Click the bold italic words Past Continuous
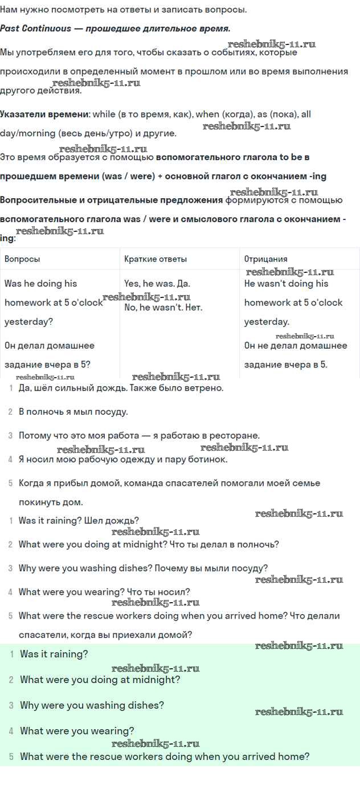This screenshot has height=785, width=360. [35, 28]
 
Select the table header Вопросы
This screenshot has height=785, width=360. [22, 259]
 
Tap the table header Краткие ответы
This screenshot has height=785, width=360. [156, 259]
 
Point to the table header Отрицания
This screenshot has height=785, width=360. [265, 259]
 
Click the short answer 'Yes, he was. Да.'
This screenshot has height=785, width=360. [157, 284]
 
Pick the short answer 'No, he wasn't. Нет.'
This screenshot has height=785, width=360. [163, 308]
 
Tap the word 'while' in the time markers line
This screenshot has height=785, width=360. [104, 114]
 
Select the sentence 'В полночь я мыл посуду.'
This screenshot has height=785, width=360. [73, 411]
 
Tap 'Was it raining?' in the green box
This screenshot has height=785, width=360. [54, 654]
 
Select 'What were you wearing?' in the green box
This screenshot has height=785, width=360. [77, 731]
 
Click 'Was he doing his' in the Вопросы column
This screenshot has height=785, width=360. [40, 284]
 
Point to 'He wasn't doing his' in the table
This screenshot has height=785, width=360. [287, 284]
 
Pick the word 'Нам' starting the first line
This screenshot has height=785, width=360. [9, 10]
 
